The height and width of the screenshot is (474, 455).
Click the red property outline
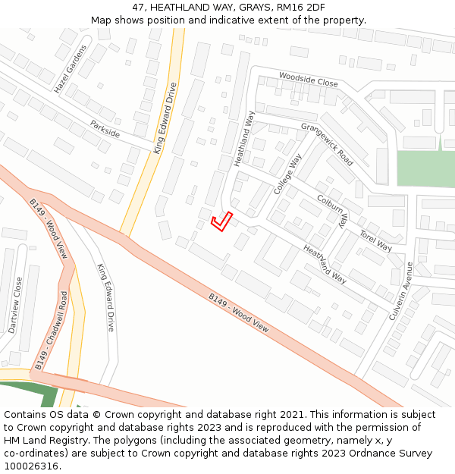221,221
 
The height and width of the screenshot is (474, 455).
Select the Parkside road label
105,128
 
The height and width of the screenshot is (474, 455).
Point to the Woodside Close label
308,79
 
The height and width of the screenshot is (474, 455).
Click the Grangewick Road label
327,144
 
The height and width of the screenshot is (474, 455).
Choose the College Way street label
287,174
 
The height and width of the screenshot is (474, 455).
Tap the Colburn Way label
332,209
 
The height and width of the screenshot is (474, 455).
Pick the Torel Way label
375,241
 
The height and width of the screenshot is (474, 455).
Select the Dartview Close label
15,305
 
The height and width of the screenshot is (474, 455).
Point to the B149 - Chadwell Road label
52,331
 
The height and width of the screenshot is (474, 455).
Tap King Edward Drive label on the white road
105,297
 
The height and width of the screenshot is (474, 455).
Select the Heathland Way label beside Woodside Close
243,139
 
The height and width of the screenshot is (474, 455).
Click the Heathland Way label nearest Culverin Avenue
325,264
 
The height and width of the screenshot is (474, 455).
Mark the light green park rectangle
425,168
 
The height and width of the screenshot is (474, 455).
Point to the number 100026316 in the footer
30,466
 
